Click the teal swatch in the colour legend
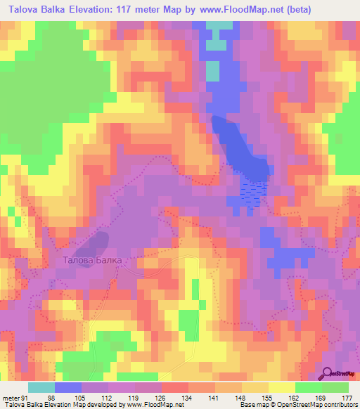(x=41, y=387)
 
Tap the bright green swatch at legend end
(x=335, y=387)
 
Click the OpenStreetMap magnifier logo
(x=328, y=373)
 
